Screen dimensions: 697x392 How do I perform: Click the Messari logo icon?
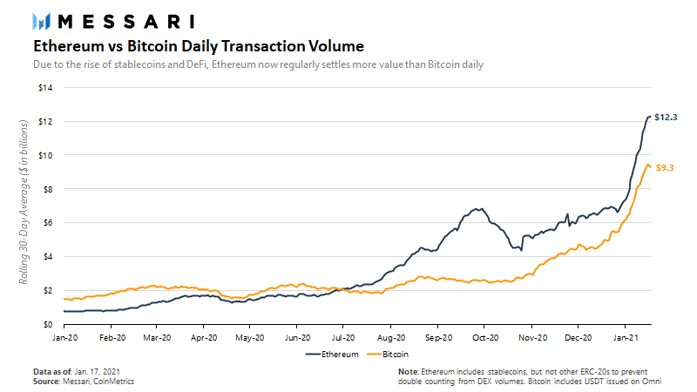point(41,22)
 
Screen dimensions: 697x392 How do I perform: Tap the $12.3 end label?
point(666,118)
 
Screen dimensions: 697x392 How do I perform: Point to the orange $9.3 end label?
point(665,168)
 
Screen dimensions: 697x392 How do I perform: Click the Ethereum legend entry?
point(332,355)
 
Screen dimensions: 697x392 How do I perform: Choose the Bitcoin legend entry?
point(388,355)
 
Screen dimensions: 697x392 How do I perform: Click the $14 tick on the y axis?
point(45,88)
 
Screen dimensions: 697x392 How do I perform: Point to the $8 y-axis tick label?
point(47,189)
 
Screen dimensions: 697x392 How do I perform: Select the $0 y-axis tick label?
point(48,324)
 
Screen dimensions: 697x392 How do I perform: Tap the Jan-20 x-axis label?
point(64,338)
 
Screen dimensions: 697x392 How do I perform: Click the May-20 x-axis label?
point(250,338)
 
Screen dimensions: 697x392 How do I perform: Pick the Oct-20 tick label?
point(485,338)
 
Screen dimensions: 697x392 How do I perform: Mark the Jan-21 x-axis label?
point(626,338)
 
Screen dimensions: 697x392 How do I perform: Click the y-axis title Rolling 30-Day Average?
point(24,202)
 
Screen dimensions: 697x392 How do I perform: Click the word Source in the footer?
point(46,382)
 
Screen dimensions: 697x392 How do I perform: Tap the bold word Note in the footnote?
point(408,372)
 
